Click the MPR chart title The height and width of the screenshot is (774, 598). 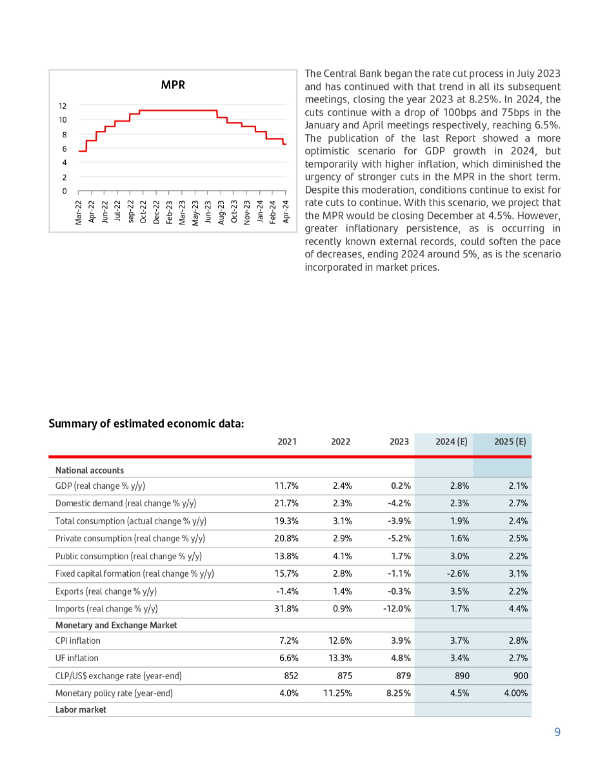point(173,84)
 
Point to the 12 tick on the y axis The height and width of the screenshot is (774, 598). point(63,106)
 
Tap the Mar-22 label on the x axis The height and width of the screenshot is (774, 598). point(78,211)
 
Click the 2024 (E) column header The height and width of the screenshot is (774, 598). point(443,442)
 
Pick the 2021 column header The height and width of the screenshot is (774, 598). point(287,442)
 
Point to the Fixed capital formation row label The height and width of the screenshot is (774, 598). point(135,573)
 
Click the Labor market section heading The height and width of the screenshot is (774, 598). point(81,709)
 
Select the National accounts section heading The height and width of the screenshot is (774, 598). point(90,470)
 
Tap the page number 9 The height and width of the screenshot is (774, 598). point(557,731)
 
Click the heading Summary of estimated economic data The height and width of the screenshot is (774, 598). point(146,424)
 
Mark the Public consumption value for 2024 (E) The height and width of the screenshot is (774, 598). point(459,556)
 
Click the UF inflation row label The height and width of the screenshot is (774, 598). point(77,658)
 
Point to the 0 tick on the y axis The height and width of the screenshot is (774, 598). point(64,191)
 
